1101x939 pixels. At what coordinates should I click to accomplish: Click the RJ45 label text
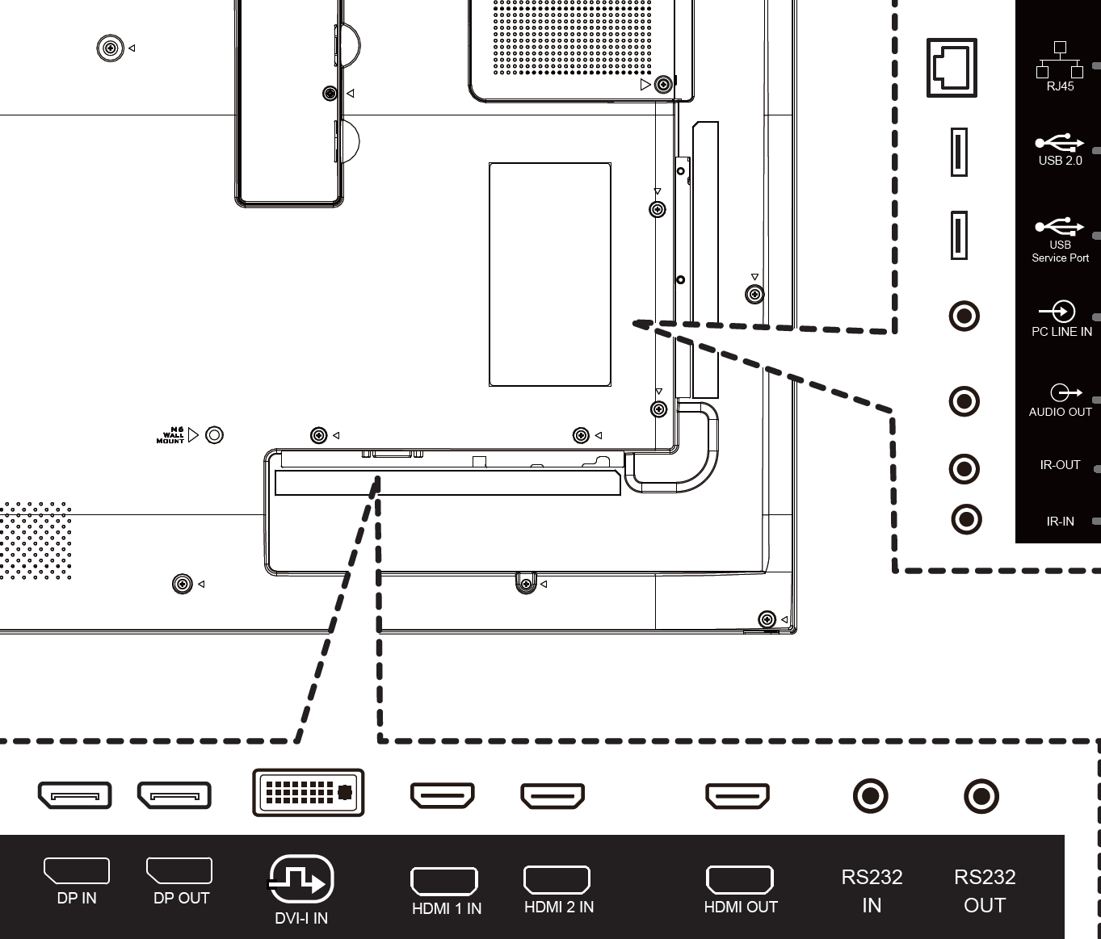coord(1060,86)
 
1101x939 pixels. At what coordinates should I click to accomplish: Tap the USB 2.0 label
coord(1060,161)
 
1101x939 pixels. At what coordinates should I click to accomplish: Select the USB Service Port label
coord(1060,251)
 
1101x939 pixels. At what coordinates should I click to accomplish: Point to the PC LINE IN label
coord(1061,332)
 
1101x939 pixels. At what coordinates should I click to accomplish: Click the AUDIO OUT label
coord(1060,412)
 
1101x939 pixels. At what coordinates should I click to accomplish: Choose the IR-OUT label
coord(1060,465)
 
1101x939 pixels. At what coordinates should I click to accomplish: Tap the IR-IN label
coord(1060,522)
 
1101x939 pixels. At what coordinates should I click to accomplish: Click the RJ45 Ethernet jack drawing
coord(952,68)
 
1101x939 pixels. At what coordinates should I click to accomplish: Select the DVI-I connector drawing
coord(309,792)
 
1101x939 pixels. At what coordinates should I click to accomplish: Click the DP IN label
coord(77,898)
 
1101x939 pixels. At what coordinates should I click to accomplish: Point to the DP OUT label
coord(181,898)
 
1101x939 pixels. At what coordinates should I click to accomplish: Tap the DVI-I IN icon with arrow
coord(300,880)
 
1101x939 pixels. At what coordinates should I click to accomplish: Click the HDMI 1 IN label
coord(446,908)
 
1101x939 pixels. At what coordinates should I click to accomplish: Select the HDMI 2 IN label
coord(558,907)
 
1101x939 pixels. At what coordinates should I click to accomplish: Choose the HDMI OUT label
coord(740,907)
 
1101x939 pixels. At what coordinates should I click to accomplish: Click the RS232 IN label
coord(872,891)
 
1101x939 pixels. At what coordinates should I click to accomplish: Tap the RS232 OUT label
coord(985,891)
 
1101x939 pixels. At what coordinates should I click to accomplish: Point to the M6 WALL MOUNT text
coord(171,436)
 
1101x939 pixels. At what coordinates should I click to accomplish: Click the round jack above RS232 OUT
coord(981,796)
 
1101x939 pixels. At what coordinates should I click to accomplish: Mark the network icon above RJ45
coord(1060,60)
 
